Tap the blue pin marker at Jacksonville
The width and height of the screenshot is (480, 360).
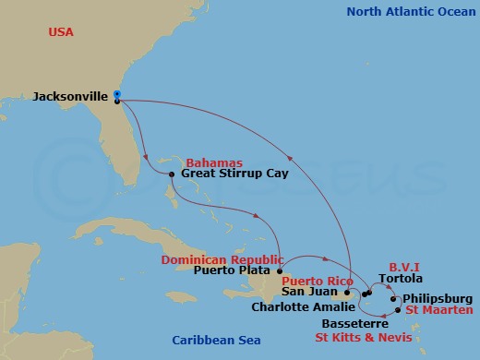[118, 94]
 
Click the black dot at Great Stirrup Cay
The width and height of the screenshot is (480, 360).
[173, 173]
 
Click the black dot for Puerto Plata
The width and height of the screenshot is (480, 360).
[280, 271]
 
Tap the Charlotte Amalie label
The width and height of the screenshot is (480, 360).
[301, 306]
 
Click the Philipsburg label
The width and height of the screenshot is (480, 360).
[438, 299]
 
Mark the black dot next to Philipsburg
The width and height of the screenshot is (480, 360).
[395, 299]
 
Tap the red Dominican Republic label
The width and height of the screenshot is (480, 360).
[222, 259]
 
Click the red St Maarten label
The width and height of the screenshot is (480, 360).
[439, 311]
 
